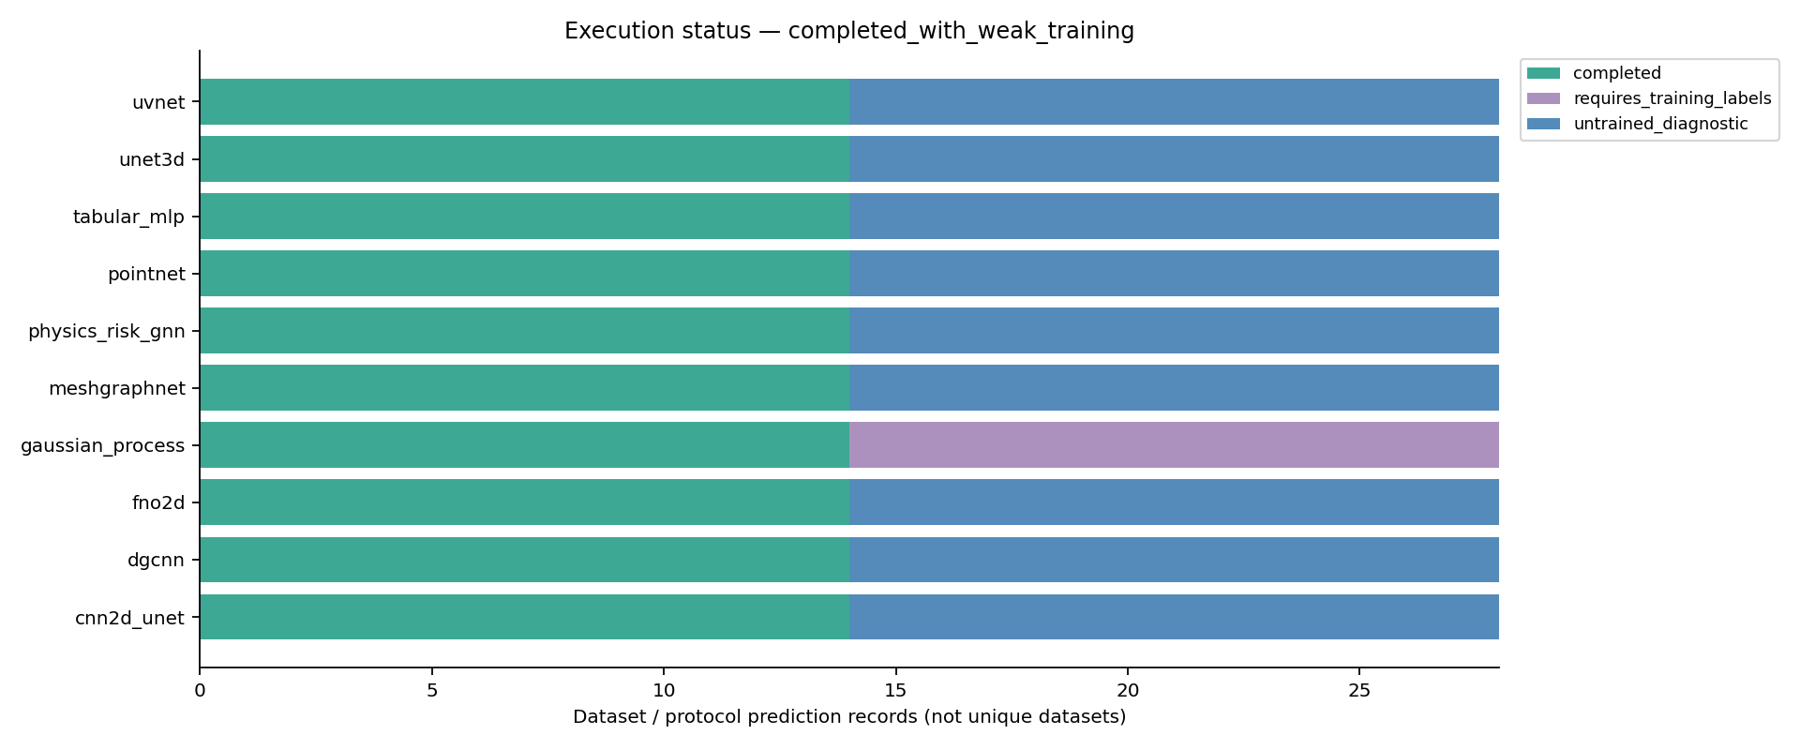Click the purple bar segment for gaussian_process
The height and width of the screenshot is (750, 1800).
pos(1174,444)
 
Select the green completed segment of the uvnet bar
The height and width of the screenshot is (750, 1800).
pos(524,101)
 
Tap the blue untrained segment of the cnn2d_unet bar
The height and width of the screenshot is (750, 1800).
pos(1174,617)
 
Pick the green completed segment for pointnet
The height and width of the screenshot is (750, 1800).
pos(524,273)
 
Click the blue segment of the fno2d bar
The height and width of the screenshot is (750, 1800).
pos(1174,502)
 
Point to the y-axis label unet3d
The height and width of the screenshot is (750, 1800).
pos(152,159)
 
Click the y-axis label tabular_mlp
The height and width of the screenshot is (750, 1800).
pos(129,217)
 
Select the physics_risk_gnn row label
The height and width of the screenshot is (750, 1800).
pos(107,331)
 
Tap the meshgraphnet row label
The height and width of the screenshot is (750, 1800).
pos(117,388)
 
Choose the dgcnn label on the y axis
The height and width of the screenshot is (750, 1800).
pos(157,561)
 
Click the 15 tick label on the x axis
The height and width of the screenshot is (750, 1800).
pos(895,691)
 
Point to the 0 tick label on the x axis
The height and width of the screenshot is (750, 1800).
pos(200,691)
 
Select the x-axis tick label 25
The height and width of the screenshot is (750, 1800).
pos(1359,691)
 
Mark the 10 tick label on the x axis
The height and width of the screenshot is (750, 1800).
pos(664,691)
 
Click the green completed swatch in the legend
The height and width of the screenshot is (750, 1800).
pos(1543,73)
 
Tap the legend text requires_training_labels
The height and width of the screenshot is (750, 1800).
pos(1672,98)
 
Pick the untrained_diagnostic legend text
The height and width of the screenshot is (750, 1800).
pos(1660,124)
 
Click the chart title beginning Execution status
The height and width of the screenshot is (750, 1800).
pos(849,31)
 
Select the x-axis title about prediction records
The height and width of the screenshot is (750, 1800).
pos(849,717)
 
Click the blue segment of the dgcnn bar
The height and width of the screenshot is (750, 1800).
pos(1174,560)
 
